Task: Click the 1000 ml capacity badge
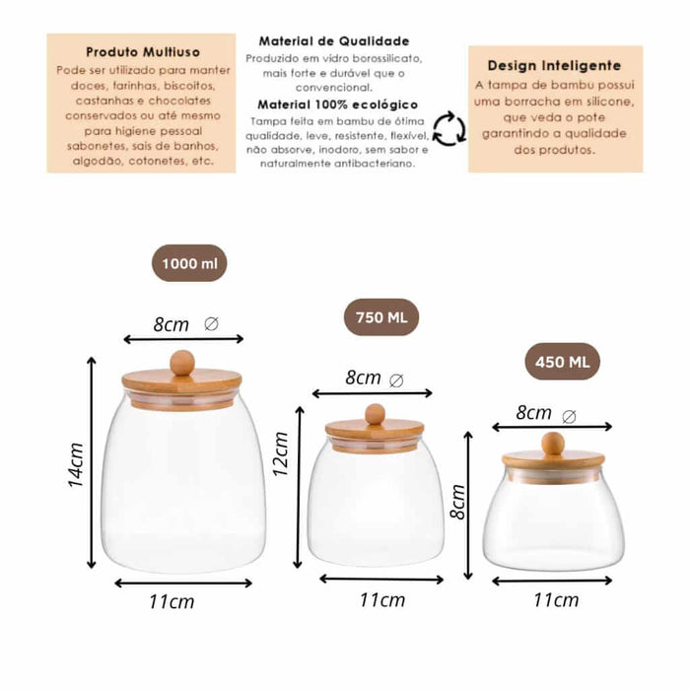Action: pyautogui.click(x=189, y=263)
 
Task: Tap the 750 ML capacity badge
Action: pyautogui.click(x=381, y=317)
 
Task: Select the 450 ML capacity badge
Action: pyautogui.click(x=563, y=362)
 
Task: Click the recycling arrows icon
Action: pyautogui.click(x=448, y=128)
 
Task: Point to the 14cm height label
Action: pyautogui.click(x=76, y=464)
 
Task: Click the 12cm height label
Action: pyautogui.click(x=280, y=454)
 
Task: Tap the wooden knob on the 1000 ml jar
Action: pyautogui.click(x=182, y=363)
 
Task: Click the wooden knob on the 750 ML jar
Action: pyautogui.click(x=376, y=414)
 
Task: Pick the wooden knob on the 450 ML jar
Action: pyautogui.click(x=553, y=444)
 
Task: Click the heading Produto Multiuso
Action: pyautogui.click(x=143, y=52)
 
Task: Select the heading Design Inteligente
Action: pyautogui.click(x=554, y=66)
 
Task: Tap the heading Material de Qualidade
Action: pyautogui.click(x=334, y=41)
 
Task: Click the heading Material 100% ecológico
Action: pyautogui.click(x=337, y=104)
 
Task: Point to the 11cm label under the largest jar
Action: pyautogui.click(x=172, y=601)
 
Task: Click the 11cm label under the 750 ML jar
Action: pyautogui.click(x=382, y=599)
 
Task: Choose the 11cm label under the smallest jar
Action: pyautogui.click(x=556, y=599)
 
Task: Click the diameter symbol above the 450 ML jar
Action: pyautogui.click(x=569, y=416)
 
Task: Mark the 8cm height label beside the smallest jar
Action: pyautogui.click(x=458, y=502)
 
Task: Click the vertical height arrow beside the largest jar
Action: pyautogui.click(x=91, y=463)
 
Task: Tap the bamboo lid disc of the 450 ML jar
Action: pyautogui.click(x=553, y=459)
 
